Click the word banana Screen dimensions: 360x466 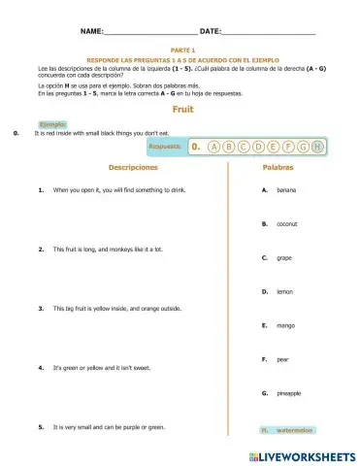[286, 190]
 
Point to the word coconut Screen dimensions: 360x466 [287, 224]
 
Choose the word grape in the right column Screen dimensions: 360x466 [284, 258]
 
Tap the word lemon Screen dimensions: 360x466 [284, 291]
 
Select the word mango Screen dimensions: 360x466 [285, 325]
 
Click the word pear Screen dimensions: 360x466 [282, 359]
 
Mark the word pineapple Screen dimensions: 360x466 [288, 393]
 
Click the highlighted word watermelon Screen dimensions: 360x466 [293, 428]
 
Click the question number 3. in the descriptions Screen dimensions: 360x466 [41, 309]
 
